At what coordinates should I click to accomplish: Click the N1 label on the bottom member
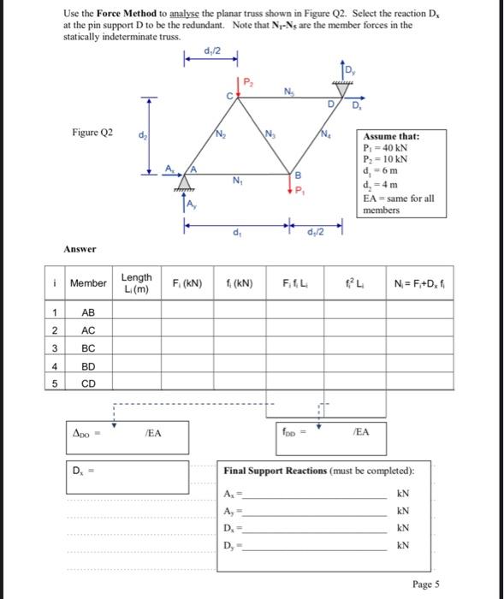236,180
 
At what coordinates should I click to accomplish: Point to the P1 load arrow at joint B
290,189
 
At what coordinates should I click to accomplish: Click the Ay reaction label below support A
193,203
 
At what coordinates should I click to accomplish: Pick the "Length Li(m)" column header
136,282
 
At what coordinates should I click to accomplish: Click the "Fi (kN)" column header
187,282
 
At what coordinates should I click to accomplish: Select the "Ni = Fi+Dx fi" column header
424,282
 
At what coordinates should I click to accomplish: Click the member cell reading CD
87,383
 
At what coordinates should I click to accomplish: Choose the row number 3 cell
53,347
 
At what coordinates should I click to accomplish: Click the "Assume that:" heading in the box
391,136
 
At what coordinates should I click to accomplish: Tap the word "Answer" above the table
79,249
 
